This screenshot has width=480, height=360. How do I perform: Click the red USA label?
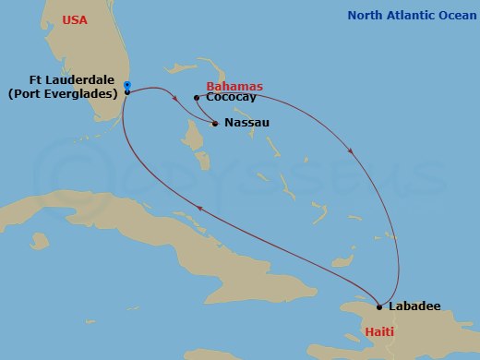75,20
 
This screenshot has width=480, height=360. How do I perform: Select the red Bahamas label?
234,86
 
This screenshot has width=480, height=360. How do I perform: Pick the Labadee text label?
414,306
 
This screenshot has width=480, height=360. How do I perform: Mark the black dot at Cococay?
196,97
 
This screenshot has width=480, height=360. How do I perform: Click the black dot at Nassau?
215,123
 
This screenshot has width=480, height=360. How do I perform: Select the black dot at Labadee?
379,306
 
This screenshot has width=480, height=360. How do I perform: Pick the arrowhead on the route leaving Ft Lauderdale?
174,91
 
